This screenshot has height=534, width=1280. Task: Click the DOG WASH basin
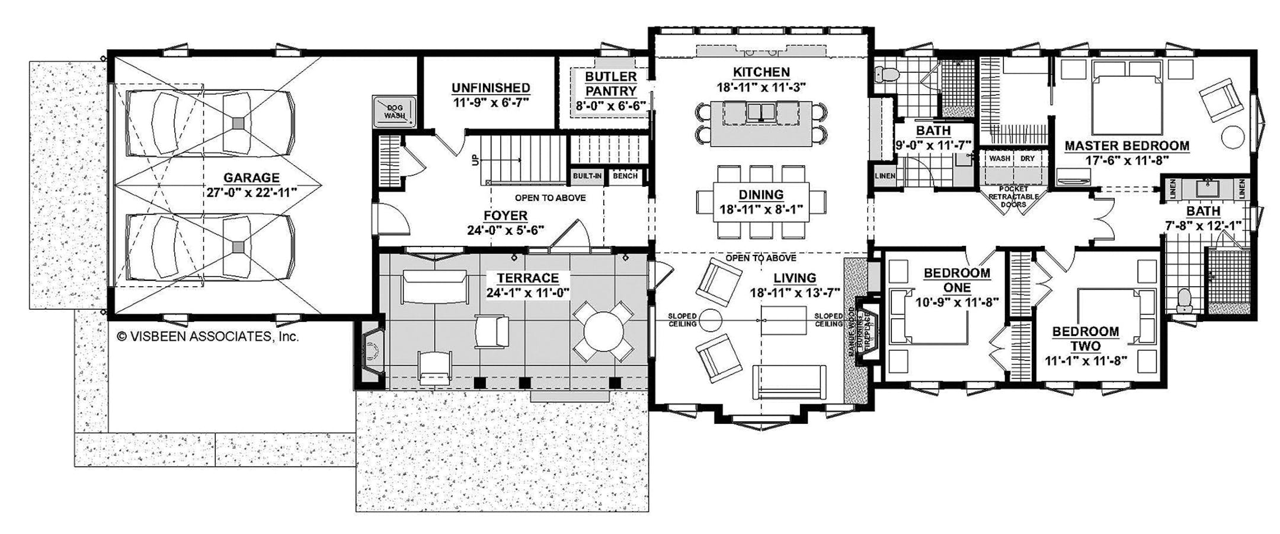tap(395, 111)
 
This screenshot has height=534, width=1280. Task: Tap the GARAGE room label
tap(251, 177)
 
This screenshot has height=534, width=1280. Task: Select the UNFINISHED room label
tap(491, 88)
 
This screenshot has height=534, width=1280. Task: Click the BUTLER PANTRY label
tap(610, 84)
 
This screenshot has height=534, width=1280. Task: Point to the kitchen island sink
tap(761, 111)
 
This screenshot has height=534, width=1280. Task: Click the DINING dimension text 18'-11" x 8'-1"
tap(761, 209)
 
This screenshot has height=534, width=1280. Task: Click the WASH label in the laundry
tap(999, 159)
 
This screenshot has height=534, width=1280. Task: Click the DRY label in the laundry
tap(1027, 159)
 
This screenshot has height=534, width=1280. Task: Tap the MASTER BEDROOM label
tap(1127, 146)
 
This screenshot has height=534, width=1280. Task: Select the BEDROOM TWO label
tap(1086, 338)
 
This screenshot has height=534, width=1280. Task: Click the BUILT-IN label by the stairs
tap(587, 176)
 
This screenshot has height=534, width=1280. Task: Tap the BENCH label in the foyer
tap(625, 176)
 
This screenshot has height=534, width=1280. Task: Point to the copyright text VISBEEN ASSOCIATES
tap(207, 337)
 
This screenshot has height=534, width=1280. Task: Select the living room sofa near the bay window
tap(789, 382)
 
